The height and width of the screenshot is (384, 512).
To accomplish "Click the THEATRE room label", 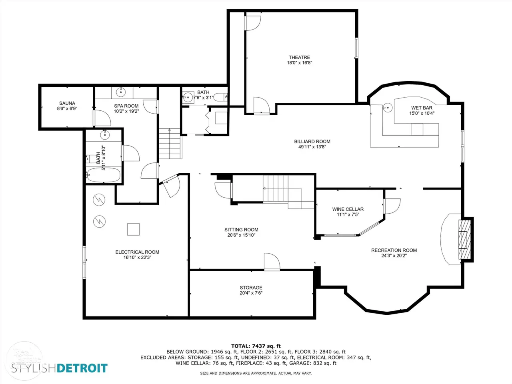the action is pos(299,57).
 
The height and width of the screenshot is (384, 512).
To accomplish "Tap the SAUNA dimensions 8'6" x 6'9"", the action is pos(67,108).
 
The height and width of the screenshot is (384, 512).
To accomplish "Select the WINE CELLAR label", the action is pos(348,209).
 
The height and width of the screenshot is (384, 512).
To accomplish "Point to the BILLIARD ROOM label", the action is pos(312,141).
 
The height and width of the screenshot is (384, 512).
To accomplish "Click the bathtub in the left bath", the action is pos(103,175).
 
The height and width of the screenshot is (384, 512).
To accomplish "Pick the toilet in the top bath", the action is pos(220,97).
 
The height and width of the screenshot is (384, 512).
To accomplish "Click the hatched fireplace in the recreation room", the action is pos(464,239).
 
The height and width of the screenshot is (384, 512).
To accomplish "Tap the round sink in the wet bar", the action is pos(388,108).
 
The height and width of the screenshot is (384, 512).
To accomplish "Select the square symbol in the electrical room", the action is pos(134,229).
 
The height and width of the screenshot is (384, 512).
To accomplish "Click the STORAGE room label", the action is pos(251,288).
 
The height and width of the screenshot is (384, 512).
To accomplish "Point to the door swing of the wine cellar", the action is pos(392,206).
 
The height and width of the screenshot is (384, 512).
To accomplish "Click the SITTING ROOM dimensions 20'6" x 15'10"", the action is pos(242,235).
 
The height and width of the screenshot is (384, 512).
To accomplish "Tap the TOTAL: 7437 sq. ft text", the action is pos(256,346).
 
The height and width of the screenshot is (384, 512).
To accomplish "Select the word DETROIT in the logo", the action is pos(82,368).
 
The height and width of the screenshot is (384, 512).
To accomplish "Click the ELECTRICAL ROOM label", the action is pos(137,252).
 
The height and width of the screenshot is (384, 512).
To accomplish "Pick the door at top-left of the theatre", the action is pos(252,23).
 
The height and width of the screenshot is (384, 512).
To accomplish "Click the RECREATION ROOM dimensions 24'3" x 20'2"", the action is pos(394,256).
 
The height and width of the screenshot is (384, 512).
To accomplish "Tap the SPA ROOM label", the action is pos(126,106).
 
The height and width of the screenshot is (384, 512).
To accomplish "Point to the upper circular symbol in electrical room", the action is pos(99,200).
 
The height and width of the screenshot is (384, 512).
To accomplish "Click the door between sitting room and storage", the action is pos(272,262).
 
